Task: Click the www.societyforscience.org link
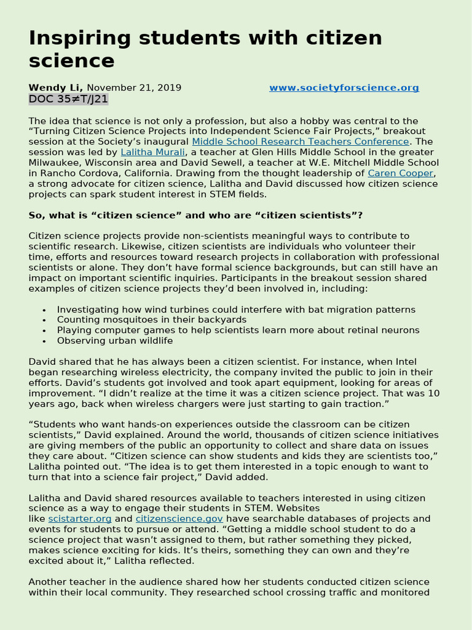point(344,88)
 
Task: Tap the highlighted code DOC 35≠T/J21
point(68,99)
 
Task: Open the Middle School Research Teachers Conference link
point(300,142)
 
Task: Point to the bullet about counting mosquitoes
point(151,320)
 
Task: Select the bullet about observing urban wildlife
point(115,341)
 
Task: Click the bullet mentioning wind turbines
point(236,309)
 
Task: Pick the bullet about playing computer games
point(238,330)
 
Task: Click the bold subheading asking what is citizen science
point(195,215)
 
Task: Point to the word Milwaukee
point(57,163)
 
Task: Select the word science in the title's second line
point(71,61)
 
